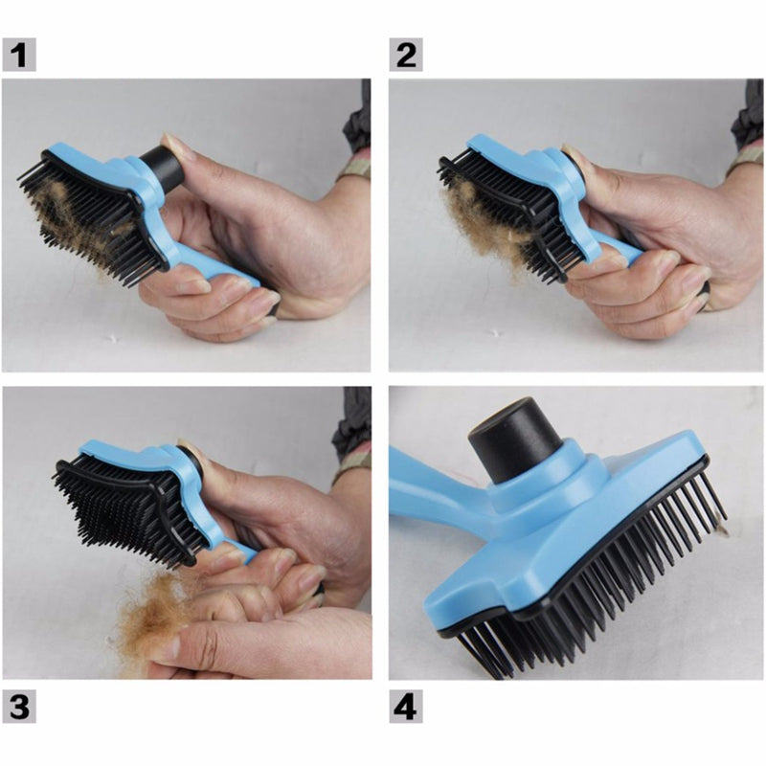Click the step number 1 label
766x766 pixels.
click(x=20, y=56)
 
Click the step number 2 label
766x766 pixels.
click(x=406, y=56)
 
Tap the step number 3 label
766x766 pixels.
click(x=20, y=708)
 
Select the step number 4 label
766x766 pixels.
click(x=406, y=708)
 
